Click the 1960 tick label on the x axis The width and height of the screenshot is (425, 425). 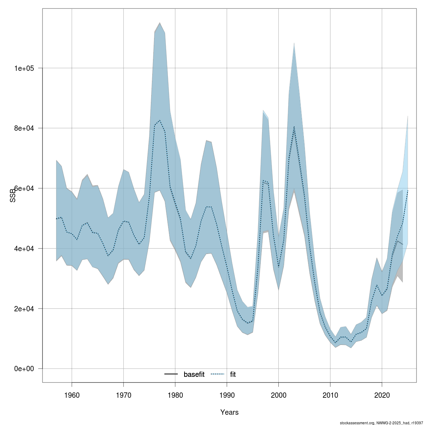pos(72,395)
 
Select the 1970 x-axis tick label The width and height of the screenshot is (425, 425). pos(124,395)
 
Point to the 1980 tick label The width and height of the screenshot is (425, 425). pos(175,395)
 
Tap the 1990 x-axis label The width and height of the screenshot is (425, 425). pos(227,395)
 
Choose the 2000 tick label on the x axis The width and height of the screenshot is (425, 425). pos(279,395)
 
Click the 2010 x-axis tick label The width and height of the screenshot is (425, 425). pos(330,395)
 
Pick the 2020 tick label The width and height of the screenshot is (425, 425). pos(382,395)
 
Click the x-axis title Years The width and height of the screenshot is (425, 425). pos(229,412)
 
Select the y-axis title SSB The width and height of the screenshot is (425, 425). pos(13,195)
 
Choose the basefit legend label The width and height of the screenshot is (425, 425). pos(194,374)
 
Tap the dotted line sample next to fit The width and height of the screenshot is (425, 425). pos(218,374)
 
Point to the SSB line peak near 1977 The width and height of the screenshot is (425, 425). pos(160,120)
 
